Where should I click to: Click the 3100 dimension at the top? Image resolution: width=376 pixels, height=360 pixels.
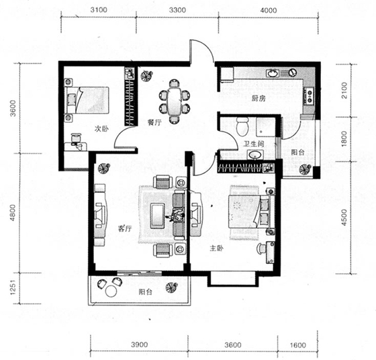99,10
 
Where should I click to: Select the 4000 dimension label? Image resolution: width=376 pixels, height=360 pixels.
269,10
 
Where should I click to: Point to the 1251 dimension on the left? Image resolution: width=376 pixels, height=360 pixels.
13,287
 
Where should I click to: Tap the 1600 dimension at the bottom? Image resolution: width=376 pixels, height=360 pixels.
298,345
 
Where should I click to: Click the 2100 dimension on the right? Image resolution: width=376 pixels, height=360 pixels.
344,91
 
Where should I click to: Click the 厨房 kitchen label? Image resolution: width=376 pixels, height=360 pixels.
258,99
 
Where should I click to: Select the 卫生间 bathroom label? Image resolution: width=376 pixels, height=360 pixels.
254,144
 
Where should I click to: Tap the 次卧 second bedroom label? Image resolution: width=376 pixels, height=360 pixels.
101,129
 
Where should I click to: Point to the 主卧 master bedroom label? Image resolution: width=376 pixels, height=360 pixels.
217,249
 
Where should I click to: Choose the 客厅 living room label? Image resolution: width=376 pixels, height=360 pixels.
125,228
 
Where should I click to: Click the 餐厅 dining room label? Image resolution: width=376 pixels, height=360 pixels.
154,122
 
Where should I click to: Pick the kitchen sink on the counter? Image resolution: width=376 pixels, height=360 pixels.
273,73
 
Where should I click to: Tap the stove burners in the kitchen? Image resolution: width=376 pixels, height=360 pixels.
310,96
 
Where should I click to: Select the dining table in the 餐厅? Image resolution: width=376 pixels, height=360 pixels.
175,101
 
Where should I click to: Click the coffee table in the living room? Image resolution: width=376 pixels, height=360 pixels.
157,216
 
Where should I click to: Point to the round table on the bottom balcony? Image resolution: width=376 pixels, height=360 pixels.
111,291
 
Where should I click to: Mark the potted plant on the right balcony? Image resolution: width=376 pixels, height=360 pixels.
305,169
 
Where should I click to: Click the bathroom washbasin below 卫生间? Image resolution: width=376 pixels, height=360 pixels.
254,155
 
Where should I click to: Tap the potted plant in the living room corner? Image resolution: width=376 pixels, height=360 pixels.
103,168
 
